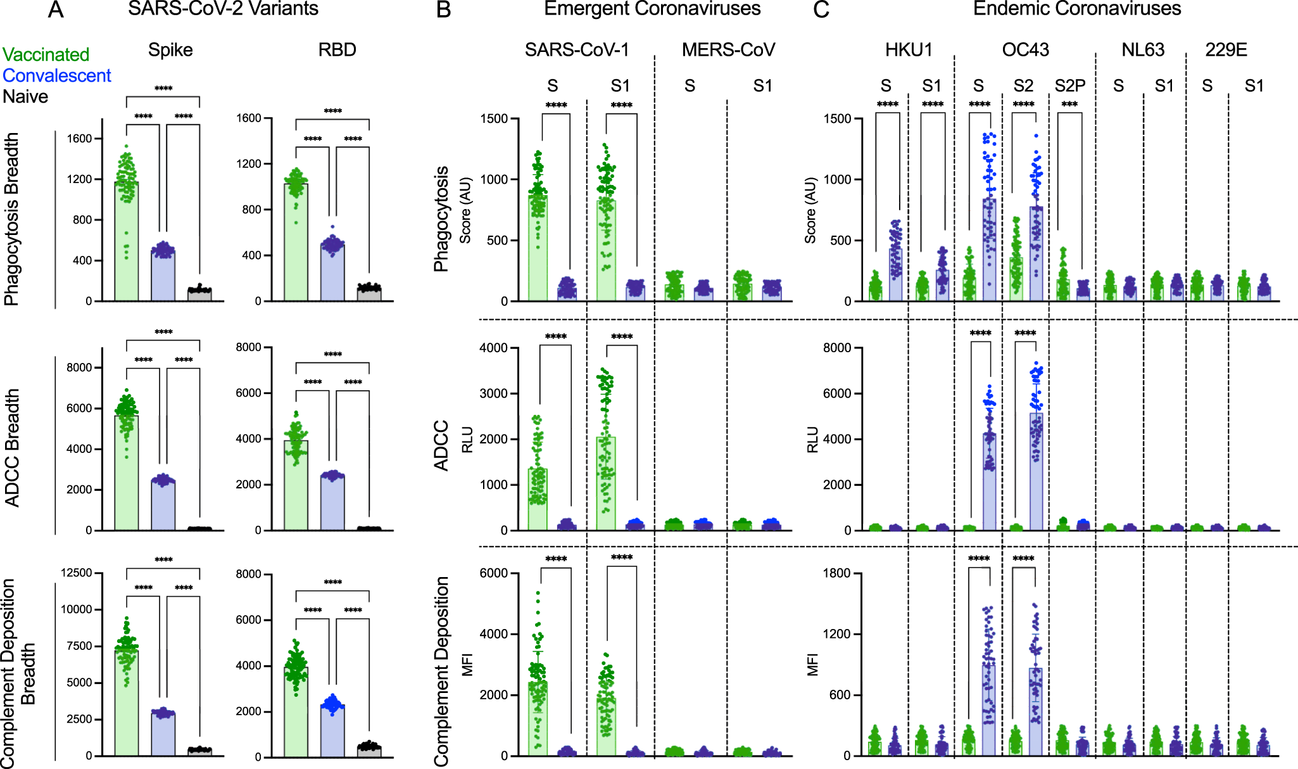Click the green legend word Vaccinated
[x=46, y=54]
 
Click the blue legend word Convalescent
[x=56, y=75]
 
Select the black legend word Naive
[x=25, y=96]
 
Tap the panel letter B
[x=443, y=10]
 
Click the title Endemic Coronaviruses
[x=1076, y=9]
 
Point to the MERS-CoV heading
[x=728, y=50]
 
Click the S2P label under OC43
[x=1070, y=86]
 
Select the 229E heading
[x=1226, y=50]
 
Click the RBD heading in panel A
[x=337, y=50]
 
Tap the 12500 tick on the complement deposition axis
[x=76, y=573]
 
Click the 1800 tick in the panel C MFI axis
[x=836, y=573]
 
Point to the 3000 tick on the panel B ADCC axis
[x=494, y=393]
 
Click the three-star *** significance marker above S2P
[x=1069, y=105]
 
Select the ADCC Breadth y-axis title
[x=13, y=447]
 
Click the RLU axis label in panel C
[x=813, y=439]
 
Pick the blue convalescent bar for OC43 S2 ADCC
[x=1036, y=472]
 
